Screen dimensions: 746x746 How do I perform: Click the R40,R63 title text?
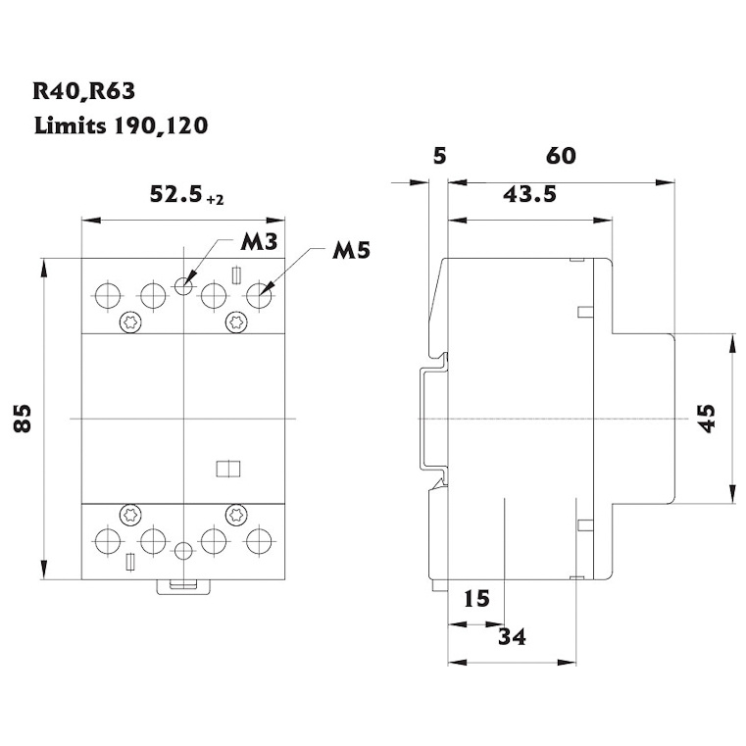pos(83,92)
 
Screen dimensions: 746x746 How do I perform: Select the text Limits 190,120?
pos(121,125)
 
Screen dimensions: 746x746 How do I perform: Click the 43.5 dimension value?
pos(529,194)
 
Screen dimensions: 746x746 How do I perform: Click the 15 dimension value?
pos(475,598)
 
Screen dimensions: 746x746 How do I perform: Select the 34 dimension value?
pos(512,637)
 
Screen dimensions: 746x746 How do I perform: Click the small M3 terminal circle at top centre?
pos(182,285)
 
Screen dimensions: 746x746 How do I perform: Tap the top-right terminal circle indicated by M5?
pos(259,294)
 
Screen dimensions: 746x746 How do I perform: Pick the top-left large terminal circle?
pos(106,294)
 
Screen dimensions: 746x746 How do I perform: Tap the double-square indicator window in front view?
pos(226,468)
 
